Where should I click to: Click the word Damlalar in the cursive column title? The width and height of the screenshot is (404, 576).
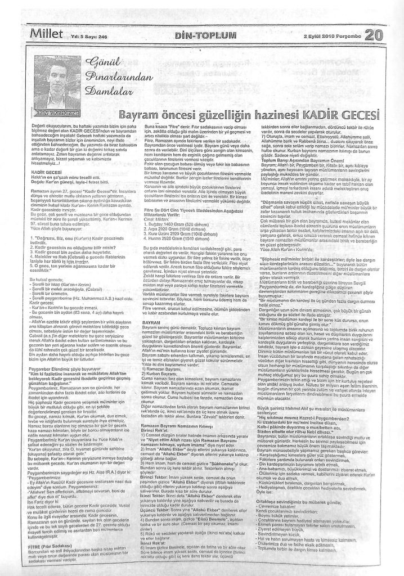coord(110,89)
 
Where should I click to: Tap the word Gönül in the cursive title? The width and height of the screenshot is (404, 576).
coord(100,62)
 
